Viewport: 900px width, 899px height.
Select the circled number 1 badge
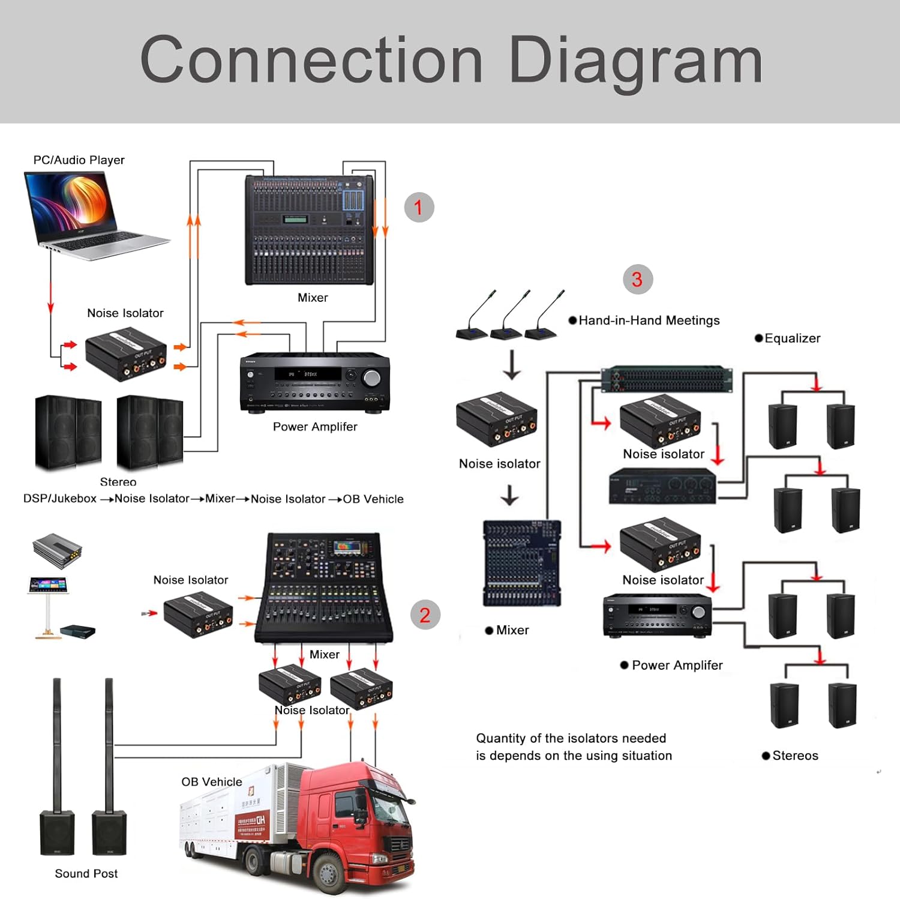[x=419, y=208]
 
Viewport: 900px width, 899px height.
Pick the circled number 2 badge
[x=425, y=615]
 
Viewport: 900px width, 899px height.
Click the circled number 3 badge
[x=637, y=279]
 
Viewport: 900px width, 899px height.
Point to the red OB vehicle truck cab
[x=360, y=822]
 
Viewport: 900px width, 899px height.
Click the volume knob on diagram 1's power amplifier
[x=371, y=377]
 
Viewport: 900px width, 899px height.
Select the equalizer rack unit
[x=667, y=379]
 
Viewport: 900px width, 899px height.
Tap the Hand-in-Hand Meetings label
[x=649, y=320]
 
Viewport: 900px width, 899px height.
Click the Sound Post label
[x=86, y=874]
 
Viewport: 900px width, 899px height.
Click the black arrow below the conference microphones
[x=512, y=365]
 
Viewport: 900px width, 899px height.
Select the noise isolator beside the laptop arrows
[x=125, y=354]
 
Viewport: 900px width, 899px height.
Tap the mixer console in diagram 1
[x=309, y=230]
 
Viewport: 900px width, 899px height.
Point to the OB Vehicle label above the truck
[x=212, y=782]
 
